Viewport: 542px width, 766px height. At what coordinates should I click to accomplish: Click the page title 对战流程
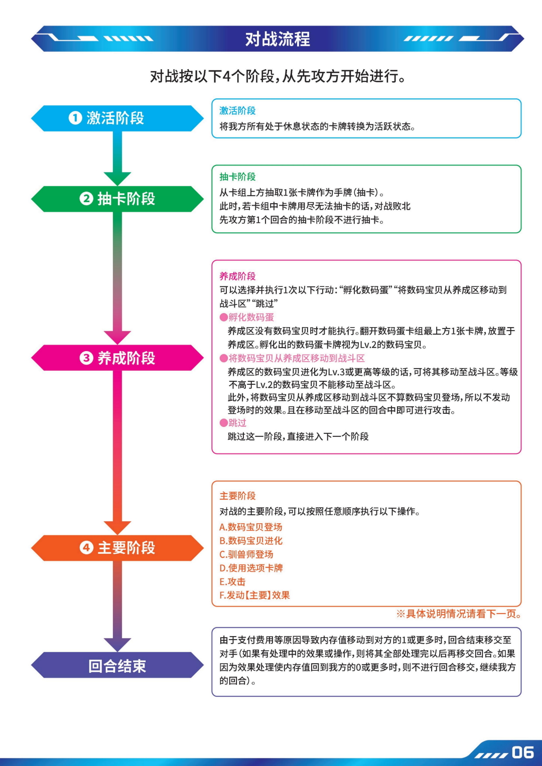pyautogui.click(x=278, y=39)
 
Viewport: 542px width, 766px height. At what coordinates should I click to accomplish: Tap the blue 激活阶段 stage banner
pyautogui.click(x=117, y=118)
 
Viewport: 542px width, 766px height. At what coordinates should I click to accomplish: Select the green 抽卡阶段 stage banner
pyautogui.click(x=117, y=199)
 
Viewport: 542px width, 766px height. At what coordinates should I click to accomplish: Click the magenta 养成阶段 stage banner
pyautogui.click(x=117, y=358)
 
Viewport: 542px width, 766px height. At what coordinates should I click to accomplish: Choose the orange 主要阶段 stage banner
pyautogui.click(x=117, y=548)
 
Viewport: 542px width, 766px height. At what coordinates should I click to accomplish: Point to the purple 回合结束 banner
pyautogui.click(x=117, y=666)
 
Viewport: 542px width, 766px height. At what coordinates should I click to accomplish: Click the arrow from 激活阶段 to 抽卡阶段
pyautogui.click(x=117, y=158)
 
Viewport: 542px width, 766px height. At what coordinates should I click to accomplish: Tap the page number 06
pyautogui.click(x=522, y=752)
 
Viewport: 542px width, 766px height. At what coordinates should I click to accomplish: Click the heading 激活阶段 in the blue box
pyautogui.click(x=237, y=111)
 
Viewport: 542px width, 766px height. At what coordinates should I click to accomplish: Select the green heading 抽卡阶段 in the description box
pyautogui.click(x=237, y=177)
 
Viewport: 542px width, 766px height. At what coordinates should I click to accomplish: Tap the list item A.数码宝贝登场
pyautogui.click(x=251, y=527)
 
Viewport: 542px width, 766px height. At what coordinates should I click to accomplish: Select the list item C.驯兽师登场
pyautogui.click(x=246, y=554)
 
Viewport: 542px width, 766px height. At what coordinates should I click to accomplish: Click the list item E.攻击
pyautogui.click(x=232, y=581)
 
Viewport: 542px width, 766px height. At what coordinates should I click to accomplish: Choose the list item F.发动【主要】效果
pyautogui.click(x=254, y=595)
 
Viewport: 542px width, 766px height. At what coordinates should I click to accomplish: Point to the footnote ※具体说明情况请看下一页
pyautogui.click(x=459, y=614)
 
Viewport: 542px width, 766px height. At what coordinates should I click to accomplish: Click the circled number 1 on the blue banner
pyautogui.click(x=75, y=118)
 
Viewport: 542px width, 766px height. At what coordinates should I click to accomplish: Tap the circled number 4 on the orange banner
pyautogui.click(x=86, y=547)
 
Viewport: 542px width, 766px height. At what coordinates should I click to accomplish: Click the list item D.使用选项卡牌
pyautogui.click(x=251, y=568)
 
